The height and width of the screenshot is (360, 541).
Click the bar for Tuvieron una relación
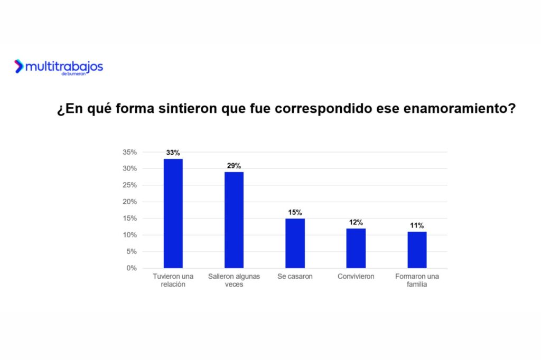pos(173,213)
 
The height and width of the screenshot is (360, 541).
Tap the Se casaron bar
pos(295,243)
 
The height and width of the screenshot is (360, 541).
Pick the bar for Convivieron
pos(356,248)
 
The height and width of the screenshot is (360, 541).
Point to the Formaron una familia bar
pos(417,250)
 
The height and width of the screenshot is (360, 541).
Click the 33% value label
pos(173,153)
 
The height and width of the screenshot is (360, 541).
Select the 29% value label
pos(234,166)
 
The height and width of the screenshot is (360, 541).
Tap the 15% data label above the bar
pos(295,212)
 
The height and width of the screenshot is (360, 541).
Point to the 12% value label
pos(356,222)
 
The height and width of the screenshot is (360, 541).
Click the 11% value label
pos(417,225)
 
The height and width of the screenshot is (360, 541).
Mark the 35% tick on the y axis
pos(129,152)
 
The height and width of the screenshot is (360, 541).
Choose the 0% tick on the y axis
pos(132,268)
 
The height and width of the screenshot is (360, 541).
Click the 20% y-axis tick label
pos(129,202)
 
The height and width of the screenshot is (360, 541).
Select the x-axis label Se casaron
pos(295,277)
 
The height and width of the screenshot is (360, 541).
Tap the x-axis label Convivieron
pos(356,277)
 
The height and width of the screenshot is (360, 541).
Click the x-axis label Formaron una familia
pos(417,280)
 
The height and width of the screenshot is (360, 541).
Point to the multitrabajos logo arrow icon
pos(19,67)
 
